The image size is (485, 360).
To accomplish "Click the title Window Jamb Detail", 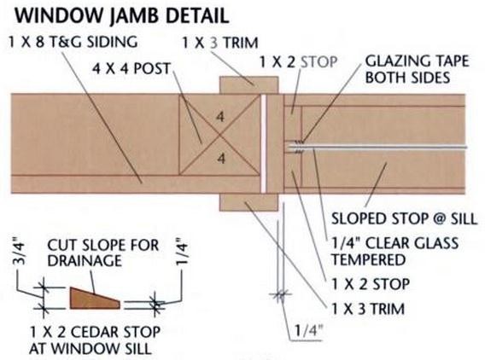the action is [121, 15].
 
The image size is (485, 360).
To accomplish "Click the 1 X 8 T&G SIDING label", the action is [73, 42].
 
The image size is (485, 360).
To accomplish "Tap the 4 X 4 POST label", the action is [131, 68].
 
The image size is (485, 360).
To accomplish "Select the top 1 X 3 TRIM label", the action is [220, 43].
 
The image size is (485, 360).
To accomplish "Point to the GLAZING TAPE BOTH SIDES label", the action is [417, 69].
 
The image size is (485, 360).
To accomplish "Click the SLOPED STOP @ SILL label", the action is [404, 218].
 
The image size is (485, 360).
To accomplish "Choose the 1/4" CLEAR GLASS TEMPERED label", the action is [395, 251].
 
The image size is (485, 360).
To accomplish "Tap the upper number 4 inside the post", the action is [220, 117].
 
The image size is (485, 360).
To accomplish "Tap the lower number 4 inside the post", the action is [221, 159].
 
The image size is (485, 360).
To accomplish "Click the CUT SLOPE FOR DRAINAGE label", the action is [103, 253].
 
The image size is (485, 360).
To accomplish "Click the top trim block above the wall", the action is [248, 85].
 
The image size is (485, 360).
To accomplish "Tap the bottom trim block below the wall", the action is [248, 202].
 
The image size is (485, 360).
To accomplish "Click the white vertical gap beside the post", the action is [264, 143].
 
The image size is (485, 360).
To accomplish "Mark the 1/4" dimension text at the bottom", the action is [308, 331].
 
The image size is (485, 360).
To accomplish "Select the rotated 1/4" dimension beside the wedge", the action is [182, 251].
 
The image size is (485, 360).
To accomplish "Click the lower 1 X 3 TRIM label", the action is [368, 309].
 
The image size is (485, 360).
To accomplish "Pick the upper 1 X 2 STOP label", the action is [298, 62].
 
